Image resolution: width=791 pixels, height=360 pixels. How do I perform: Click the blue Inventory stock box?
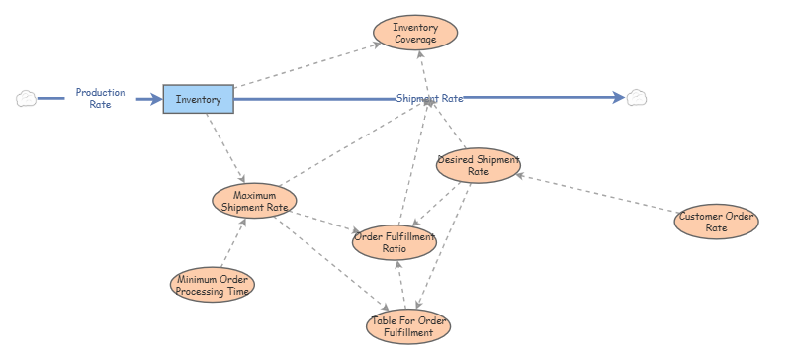[x=199, y=99]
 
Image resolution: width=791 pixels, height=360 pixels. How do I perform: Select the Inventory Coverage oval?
[x=415, y=33]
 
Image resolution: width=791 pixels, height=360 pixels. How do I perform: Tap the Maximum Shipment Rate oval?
[x=254, y=201]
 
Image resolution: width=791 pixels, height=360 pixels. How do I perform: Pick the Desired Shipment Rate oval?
[x=479, y=165]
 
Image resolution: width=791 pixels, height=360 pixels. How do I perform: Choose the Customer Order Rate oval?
[x=716, y=222]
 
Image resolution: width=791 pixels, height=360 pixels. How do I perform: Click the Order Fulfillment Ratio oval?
[x=395, y=242]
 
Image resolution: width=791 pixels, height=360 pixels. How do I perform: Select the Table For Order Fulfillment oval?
[x=408, y=326]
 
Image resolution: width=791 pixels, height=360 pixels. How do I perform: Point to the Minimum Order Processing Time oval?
[x=213, y=285]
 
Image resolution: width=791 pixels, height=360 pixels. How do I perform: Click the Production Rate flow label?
[x=101, y=99]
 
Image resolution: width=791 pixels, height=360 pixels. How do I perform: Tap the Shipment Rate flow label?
[x=429, y=99]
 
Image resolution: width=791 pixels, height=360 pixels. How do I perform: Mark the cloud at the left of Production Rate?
[x=27, y=99]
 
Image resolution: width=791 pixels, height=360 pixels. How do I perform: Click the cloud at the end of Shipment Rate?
[x=637, y=98]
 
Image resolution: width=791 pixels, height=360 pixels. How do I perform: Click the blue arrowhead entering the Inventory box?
[x=156, y=99]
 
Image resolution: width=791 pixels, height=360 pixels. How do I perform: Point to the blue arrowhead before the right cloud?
[x=619, y=98]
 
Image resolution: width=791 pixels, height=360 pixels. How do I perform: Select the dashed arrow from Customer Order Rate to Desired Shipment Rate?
[x=597, y=194]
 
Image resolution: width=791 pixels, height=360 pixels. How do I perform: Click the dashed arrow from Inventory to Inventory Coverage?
[x=308, y=65]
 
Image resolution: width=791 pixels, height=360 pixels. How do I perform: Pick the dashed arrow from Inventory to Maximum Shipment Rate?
[x=225, y=148]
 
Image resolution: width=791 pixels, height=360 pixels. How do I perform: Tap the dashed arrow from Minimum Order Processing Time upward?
[x=234, y=242]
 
